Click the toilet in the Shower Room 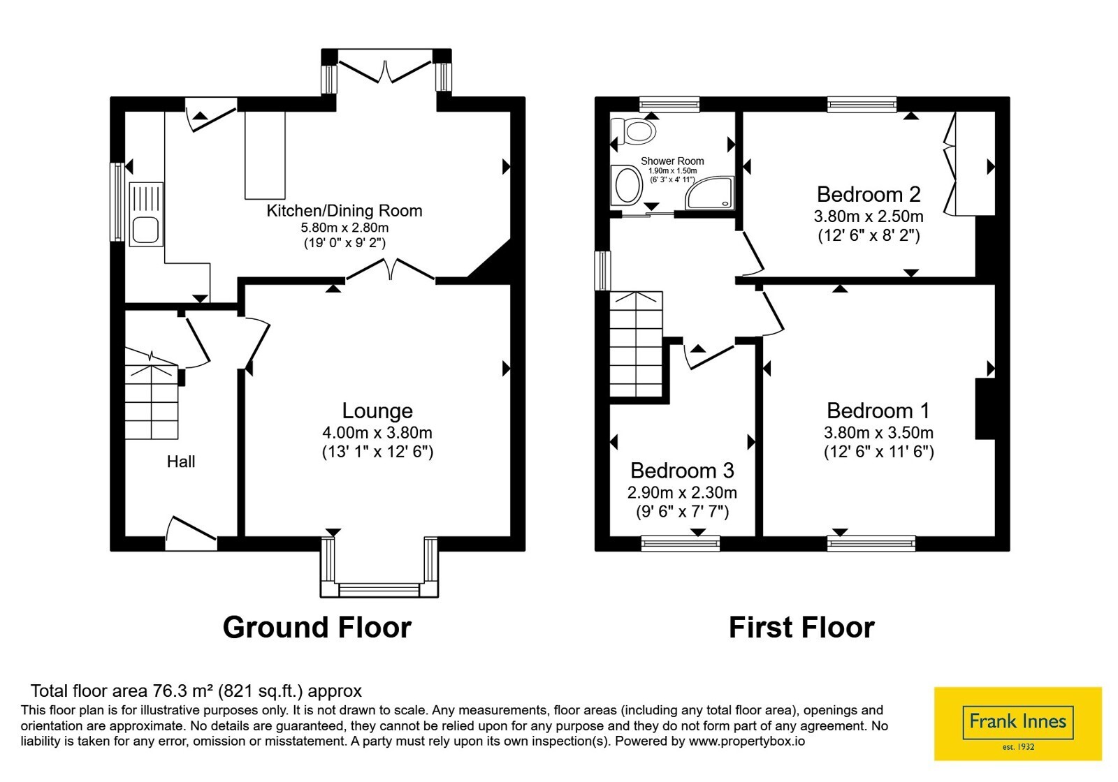[633, 131]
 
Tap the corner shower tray [710, 193]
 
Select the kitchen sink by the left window [146, 214]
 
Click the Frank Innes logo [1017, 723]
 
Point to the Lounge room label [377, 411]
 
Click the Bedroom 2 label [869, 194]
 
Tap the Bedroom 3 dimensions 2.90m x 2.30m [682, 493]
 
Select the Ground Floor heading [317, 628]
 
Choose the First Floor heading [801, 628]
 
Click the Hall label [181, 462]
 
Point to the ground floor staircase [151, 394]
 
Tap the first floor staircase [636, 344]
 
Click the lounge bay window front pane [379, 590]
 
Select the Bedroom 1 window [871, 543]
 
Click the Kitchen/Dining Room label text [344, 211]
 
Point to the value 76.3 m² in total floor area [182, 691]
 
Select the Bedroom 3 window [681, 543]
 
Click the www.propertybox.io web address [747, 741]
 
